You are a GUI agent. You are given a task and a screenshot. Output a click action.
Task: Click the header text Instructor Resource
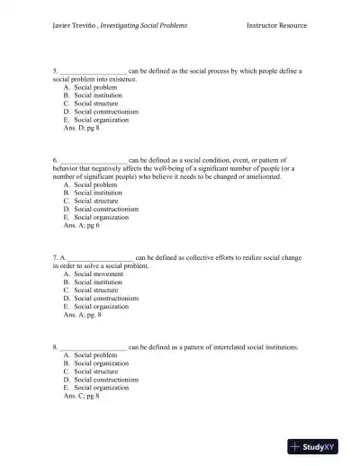276,26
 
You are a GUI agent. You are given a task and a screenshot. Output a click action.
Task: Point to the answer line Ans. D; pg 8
81,129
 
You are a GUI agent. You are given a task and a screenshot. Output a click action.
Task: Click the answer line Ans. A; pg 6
81,225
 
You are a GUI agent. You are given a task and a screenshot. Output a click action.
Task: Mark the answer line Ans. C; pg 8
81,396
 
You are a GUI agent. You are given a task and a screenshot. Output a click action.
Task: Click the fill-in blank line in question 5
93,70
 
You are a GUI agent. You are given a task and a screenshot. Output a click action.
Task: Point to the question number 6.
55,159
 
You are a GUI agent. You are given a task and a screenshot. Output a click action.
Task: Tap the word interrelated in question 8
227,346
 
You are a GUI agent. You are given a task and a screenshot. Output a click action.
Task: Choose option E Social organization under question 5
101,120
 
